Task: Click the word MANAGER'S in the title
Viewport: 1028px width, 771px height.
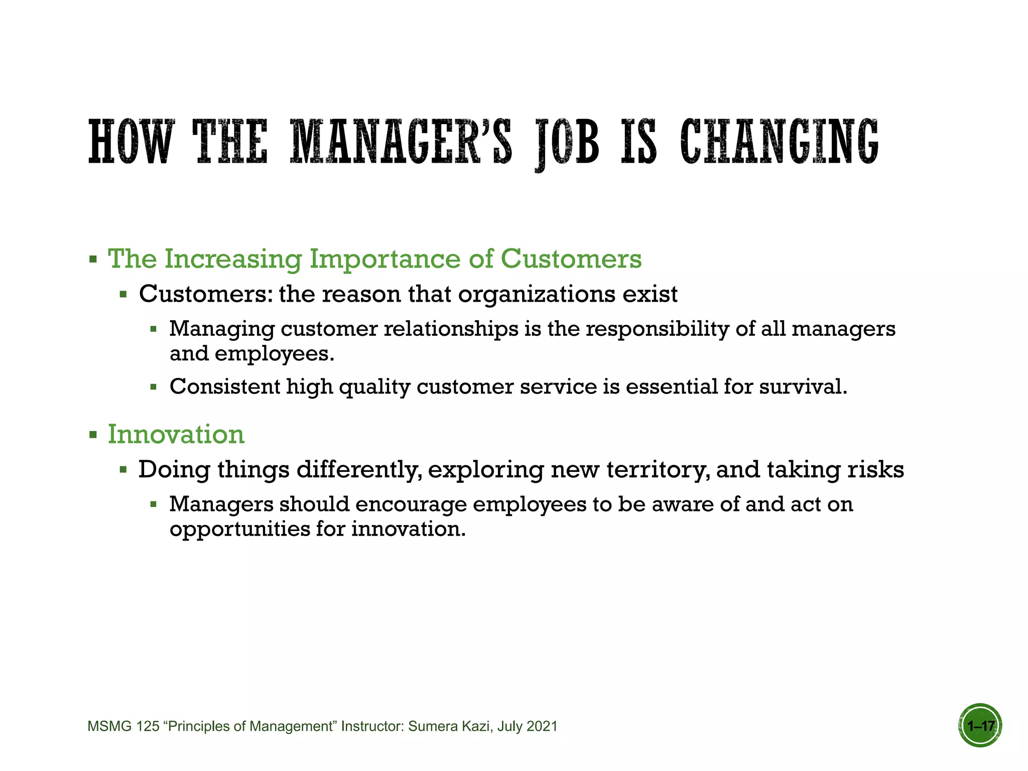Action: pyautogui.click(x=402, y=142)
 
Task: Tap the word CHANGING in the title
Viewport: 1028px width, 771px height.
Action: pyautogui.click(x=779, y=142)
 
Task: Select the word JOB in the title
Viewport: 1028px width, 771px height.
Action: pyautogui.click(x=567, y=143)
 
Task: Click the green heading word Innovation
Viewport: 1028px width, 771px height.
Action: pyautogui.click(x=176, y=434)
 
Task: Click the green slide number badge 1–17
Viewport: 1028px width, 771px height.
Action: pyautogui.click(x=980, y=726)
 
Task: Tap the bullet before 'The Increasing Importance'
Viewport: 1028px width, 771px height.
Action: pyautogui.click(x=93, y=260)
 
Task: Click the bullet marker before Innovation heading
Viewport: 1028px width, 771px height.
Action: pyautogui.click(x=93, y=435)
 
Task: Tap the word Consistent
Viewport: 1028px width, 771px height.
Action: pyautogui.click(x=225, y=387)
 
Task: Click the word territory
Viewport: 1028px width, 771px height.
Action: pyautogui.click(x=658, y=470)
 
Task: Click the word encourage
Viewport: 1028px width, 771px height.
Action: pyautogui.click(x=411, y=504)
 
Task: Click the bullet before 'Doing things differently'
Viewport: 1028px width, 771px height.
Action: pyautogui.click(x=123, y=470)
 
